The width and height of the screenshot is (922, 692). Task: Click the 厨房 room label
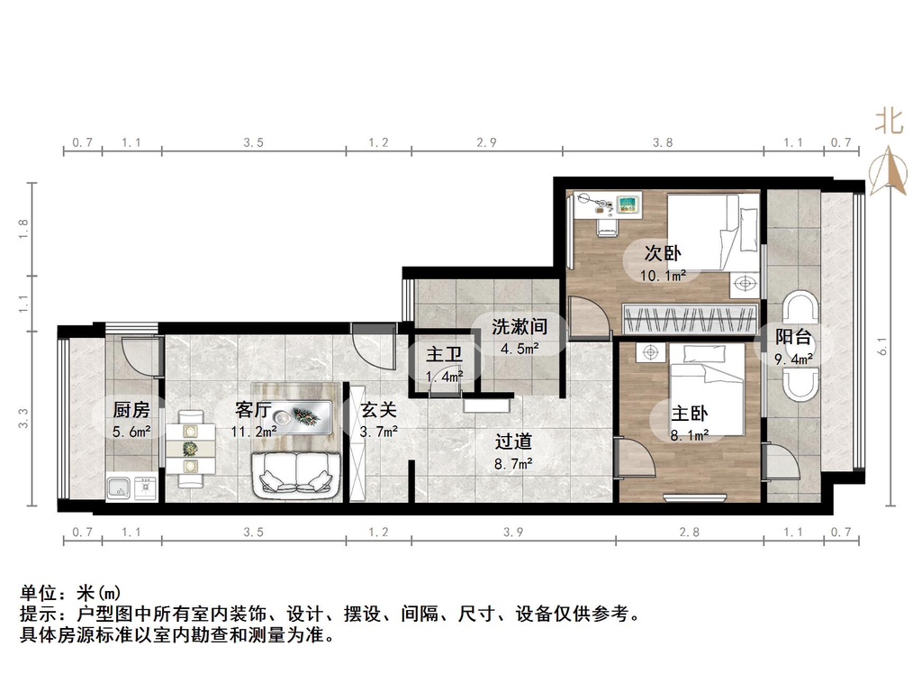tap(125, 409)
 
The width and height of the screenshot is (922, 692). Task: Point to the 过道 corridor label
tap(514, 442)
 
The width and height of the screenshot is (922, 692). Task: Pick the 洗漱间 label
tap(520, 326)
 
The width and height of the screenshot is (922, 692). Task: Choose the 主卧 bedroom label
tap(690, 414)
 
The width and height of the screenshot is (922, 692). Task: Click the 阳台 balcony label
tap(794, 338)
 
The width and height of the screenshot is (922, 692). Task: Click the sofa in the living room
tap(296, 475)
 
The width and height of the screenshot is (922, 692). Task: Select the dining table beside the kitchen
tap(190, 448)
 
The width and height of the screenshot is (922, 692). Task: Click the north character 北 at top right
tap(889, 121)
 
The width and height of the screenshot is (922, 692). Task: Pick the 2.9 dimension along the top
tap(487, 142)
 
